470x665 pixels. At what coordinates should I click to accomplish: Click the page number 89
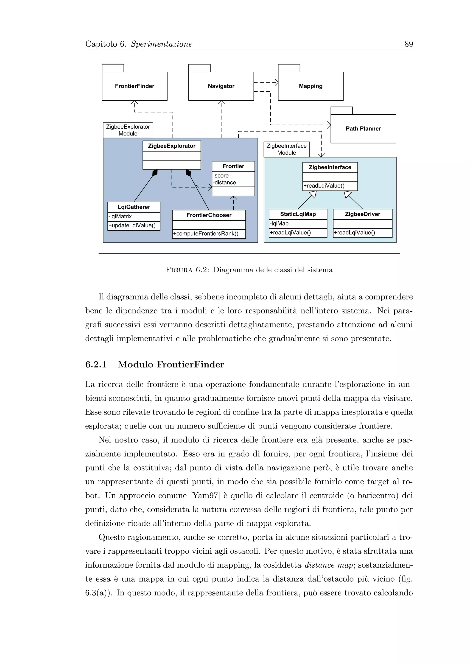pyautogui.click(x=408, y=44)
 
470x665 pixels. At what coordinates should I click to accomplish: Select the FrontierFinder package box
pyautogui.click(x=134, y=86)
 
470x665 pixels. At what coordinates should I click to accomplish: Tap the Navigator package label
pyautogui.click(x=221, y=86)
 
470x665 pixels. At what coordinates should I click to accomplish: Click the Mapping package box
pyautogui.click(x=311, y=86)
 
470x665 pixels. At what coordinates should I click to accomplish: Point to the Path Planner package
pyautogui.click(x=363, y=129)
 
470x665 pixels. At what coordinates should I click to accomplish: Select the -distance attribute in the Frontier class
pyautogui.click(x=225, y=183)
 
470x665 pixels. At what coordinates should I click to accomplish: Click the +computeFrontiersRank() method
pyautogui.click(x=206, y=234)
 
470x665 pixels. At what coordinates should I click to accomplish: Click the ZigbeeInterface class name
pyautogui.click(x=330, y=167)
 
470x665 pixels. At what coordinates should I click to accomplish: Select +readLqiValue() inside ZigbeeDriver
pyautogui.click(x=355, y=233)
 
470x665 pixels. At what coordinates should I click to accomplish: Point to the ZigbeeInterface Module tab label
pyautogui.click(x=286, y=149)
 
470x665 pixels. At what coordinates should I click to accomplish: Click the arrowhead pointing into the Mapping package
pyautogui.click(x=276, y=82)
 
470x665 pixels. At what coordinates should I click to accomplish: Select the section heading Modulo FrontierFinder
pyautogui.click(x=171, y=364)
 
